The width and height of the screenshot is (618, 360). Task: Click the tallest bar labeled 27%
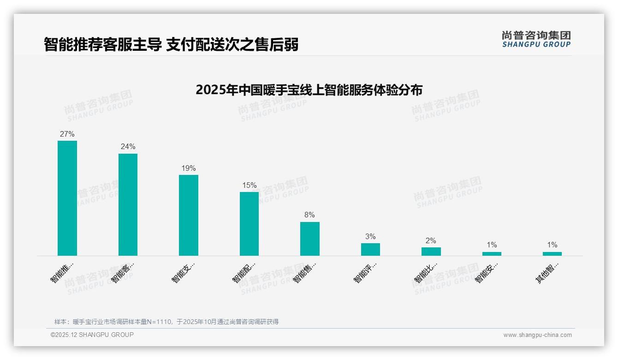point(67,198)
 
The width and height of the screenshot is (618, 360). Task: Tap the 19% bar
point(189,215)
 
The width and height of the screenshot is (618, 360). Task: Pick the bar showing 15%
point(249,224)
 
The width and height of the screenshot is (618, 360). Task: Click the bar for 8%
point(309,239)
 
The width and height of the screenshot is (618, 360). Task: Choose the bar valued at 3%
point(370,249)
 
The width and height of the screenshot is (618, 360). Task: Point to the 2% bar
point(431,252)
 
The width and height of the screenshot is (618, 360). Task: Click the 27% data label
point(67,134)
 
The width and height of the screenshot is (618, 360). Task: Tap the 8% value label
point(309,215)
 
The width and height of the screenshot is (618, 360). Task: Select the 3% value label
point(370,237)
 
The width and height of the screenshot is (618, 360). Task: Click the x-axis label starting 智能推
point(62,272)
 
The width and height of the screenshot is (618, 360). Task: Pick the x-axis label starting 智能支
point(183,272)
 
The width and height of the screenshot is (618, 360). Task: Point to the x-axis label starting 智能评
point(365,272)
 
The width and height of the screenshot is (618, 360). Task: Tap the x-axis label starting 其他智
point(547,272)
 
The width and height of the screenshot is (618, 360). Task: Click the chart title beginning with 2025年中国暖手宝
point(309,90)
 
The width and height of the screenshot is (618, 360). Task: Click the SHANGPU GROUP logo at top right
point(536,39)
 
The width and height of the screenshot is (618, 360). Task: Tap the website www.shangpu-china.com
point(537,335)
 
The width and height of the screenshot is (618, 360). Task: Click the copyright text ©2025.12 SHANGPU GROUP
point(92,335)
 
